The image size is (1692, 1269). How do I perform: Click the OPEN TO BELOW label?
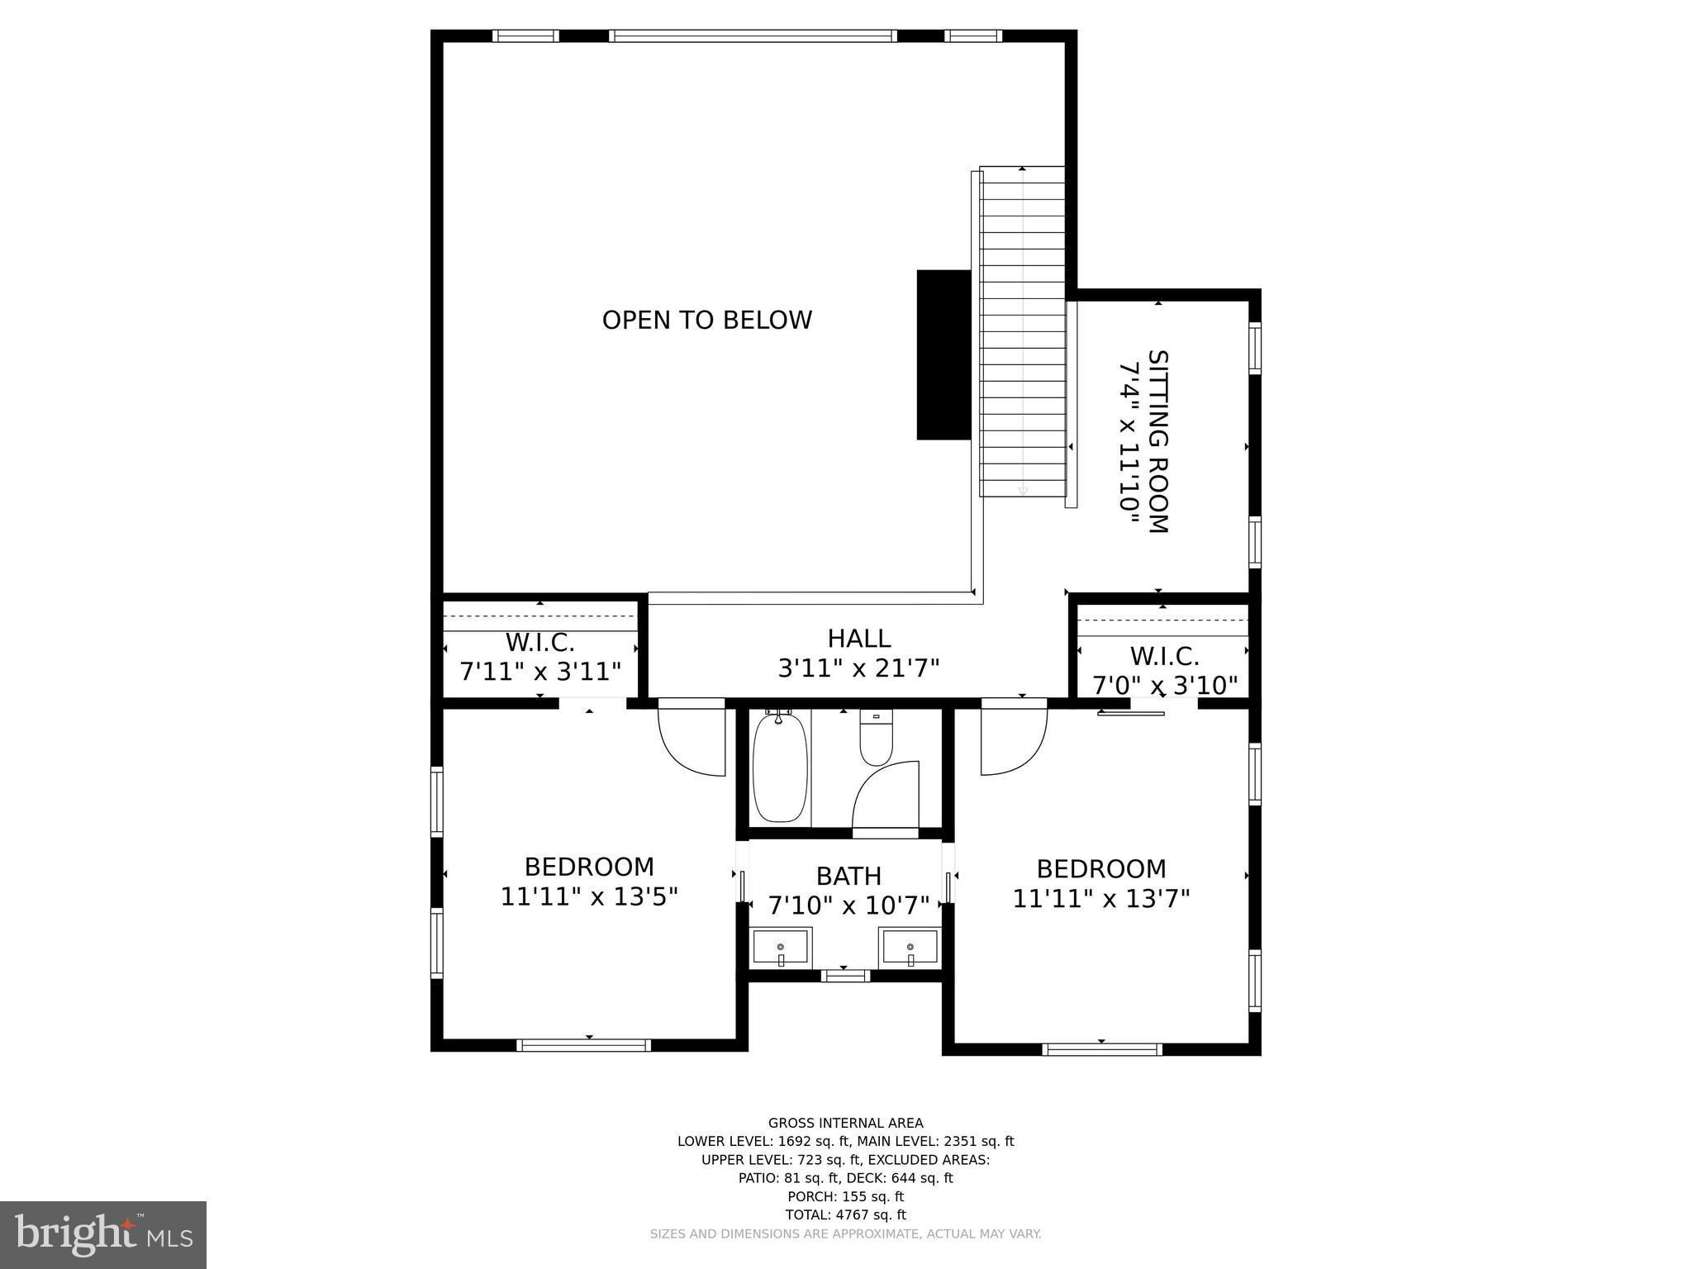point(706,320)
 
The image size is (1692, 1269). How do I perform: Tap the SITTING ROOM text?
point(1158,442)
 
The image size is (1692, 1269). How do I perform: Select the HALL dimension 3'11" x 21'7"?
point(858,668)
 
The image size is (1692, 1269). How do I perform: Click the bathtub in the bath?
point(779,768)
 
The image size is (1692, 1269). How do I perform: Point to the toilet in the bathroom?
point(876,737)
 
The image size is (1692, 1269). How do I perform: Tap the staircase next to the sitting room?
point(1022,330)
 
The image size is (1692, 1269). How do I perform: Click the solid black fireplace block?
point(943,354)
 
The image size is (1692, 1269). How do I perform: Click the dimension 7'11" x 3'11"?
point(540,671)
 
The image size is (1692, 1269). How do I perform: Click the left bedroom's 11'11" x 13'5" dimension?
point(589,896)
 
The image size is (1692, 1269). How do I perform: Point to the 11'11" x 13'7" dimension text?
point(1101,898)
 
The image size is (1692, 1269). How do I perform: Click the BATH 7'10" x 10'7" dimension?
point(848,905)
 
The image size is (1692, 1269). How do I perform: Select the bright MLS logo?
point(103,1234)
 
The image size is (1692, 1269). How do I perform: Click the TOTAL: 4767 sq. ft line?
point(845,1214)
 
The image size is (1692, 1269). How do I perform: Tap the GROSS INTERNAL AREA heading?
point(845,1123)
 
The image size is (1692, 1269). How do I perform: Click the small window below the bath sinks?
point(844,976)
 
